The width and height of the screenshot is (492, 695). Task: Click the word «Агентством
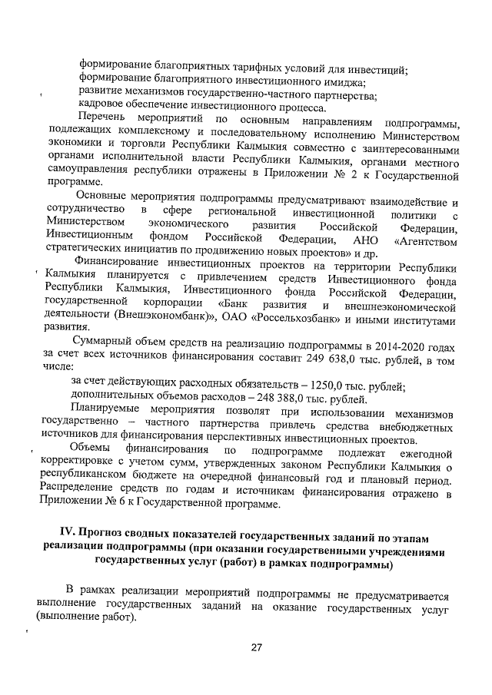tap(427, 240)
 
